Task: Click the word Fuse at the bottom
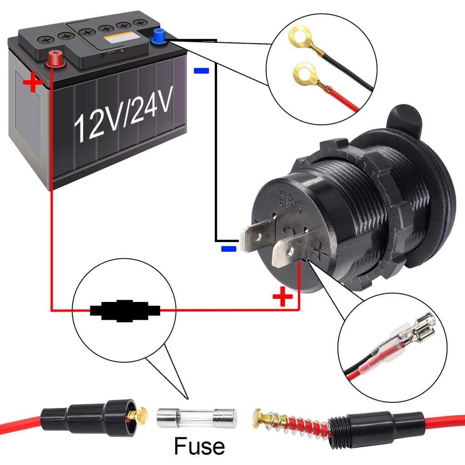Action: (199, 446)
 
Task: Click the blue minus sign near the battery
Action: (201, 71)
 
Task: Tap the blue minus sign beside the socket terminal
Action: (228, 248)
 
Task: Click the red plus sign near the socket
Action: (282, 297)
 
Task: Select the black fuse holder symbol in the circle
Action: (125, 311)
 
